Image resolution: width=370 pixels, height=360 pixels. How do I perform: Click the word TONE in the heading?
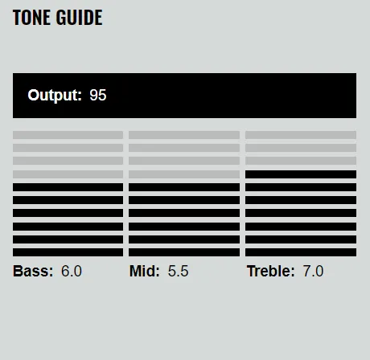point(31,18)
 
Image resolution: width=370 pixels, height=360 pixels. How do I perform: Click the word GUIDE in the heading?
point(80,18)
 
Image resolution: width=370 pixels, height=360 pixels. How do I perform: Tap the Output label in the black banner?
point(55,96)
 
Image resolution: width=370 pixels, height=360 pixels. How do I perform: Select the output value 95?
point(98,95)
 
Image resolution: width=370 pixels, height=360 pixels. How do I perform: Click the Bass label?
point(33,271)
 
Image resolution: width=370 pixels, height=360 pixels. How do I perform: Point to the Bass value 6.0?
point(72,271)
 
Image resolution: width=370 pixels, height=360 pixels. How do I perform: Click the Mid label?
point(145,271)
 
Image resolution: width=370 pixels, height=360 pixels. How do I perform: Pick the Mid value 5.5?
point(178,271)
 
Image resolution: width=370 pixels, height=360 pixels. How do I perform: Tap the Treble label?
point(270,271)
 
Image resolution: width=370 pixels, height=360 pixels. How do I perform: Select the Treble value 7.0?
point(313,271)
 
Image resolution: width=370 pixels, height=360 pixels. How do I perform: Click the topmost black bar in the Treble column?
point(301,174)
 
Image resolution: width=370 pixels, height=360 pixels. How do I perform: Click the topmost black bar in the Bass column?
point(68,187)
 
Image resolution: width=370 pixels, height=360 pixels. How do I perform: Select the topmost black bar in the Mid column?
point(184,187)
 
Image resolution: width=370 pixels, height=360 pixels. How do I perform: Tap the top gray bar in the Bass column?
point(68,135)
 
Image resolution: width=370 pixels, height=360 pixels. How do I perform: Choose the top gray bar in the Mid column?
point(184,135)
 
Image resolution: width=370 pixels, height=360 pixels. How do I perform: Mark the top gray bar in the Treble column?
point(301,135)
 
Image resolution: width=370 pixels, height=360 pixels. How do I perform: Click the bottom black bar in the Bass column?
point(68,252)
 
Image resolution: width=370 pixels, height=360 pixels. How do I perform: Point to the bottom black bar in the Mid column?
point(184,252)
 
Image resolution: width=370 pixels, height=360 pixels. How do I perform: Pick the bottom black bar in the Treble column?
point(301,252)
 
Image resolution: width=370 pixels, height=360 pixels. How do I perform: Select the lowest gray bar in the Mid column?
point(184,174)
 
